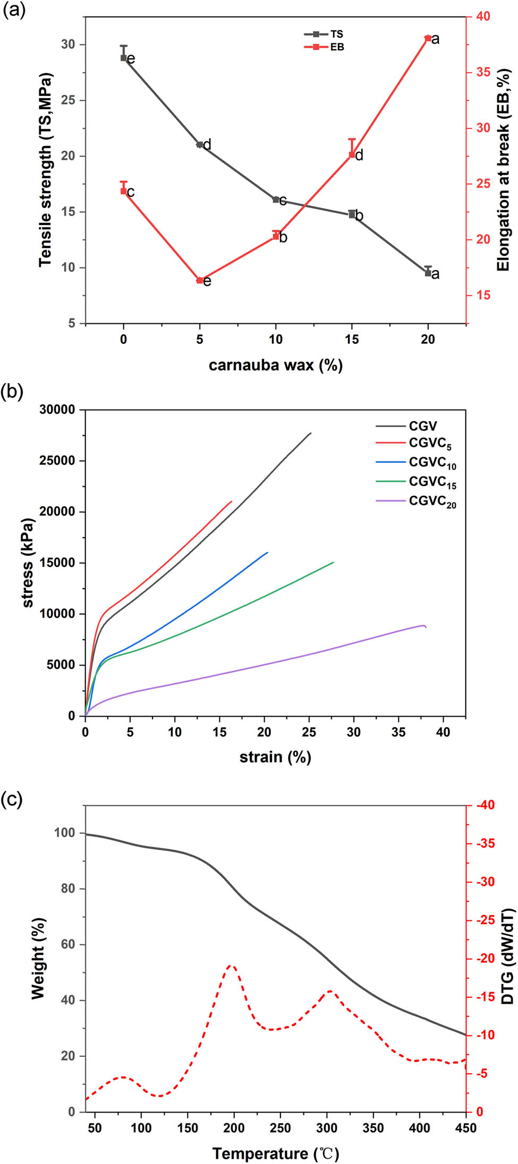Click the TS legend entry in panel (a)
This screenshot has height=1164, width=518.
pos(324,34)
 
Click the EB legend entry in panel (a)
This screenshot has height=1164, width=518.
pos(324,47)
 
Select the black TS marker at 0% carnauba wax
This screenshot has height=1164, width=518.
pos(124,58)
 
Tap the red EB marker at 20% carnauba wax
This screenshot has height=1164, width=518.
pos(428,38)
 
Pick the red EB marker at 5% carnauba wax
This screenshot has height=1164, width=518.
pos(200,280)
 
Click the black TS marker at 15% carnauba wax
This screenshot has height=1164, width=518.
pos(352,214)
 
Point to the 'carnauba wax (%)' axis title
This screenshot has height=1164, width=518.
pos(275,365)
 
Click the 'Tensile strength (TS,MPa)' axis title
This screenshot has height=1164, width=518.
pos(46,170)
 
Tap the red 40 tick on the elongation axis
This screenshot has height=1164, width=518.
pos(483,16)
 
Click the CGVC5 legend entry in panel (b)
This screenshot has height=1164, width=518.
pos(414,444)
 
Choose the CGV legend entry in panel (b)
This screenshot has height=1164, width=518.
pos(407,426)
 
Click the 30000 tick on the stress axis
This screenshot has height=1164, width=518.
pos(57,410)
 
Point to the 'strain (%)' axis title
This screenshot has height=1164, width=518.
pos(275,757)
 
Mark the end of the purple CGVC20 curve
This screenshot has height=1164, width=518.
pos(426,627)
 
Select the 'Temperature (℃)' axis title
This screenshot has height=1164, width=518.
pos(275,1153)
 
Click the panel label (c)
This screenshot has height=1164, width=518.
pos(12,798)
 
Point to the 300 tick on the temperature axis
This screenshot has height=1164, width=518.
pos(327,1127)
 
